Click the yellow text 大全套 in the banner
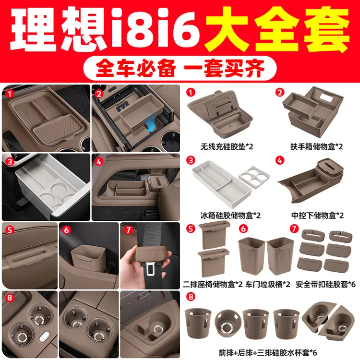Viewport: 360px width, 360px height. tap(277, 29)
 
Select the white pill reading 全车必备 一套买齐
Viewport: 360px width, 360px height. tap(180, 68)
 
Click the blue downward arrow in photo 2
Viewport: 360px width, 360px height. tap(152, 127)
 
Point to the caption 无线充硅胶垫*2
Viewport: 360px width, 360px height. tap(227, 146)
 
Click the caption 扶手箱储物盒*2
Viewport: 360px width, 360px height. tap(316, 146)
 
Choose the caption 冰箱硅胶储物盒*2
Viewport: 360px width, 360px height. tap(230, 216)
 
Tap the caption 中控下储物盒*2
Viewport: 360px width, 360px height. tap(318, 216)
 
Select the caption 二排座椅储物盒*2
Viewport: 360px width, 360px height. tap(213, 284)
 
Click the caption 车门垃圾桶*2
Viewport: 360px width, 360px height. tap(268, 284)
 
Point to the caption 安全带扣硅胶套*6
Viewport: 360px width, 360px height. tap(325, 284)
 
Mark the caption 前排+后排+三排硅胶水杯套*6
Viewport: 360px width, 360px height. tap(268, 352)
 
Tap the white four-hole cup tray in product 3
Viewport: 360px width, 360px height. tap(254, 177)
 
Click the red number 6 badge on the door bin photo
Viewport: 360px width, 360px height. tap(66, 230)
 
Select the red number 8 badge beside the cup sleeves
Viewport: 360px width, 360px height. tap(191, 297)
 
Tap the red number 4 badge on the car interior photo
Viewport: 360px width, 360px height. tap(99, 162)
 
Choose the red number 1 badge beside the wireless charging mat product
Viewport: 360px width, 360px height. tap(191, 93)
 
